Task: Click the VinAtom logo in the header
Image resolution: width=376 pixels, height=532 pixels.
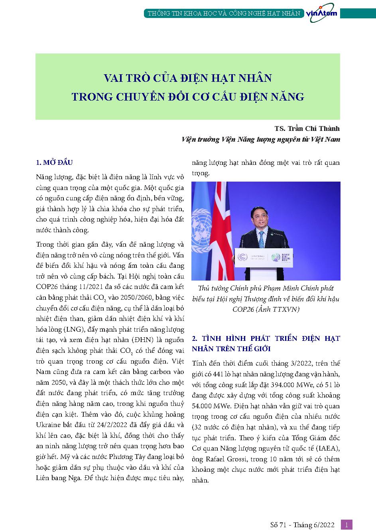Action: tap(321, 13)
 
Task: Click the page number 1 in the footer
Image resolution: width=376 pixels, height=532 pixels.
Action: tap(346, 525)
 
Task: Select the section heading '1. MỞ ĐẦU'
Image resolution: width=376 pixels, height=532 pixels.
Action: tap(54, 162)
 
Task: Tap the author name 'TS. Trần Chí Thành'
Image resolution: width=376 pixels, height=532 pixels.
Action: tap(307, 129)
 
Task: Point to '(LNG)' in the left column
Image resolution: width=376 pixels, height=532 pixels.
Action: tap(70, 329)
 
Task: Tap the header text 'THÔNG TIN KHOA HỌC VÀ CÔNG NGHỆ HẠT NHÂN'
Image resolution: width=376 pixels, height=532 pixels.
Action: tap(224, 13)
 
